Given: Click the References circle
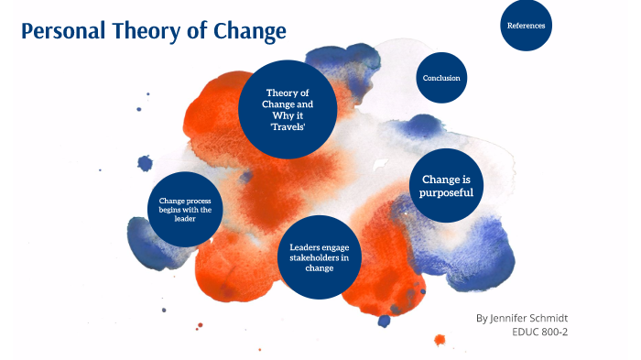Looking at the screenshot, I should click(526, 26).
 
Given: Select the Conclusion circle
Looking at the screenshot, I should click(441, 78).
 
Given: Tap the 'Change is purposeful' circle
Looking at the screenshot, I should click(446, 185).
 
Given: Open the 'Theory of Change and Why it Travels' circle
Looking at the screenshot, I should click(288, 109).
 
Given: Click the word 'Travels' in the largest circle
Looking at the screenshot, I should click(288, 126).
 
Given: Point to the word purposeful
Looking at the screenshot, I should click(446, 192).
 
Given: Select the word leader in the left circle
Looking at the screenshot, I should click(185, 219).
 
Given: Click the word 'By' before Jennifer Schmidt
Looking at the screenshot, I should click(483, 318).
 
